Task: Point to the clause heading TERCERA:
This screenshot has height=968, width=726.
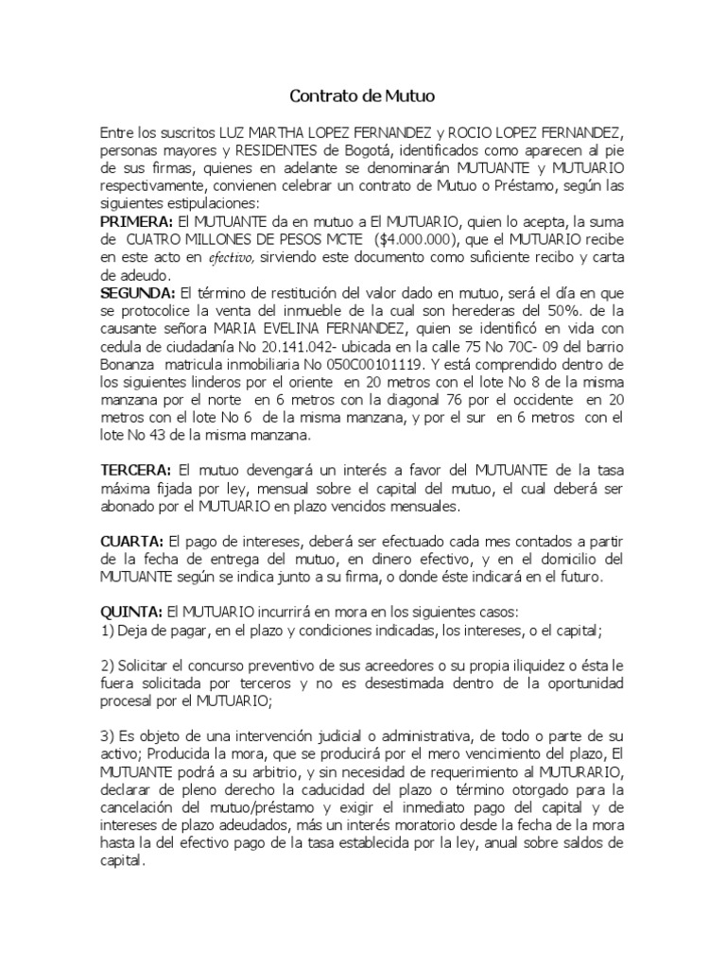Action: [136, 470]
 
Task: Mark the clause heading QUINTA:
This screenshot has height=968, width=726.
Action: [131, 612]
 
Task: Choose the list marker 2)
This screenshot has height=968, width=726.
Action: [108, 665]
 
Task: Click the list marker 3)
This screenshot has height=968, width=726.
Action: [108, 735]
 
